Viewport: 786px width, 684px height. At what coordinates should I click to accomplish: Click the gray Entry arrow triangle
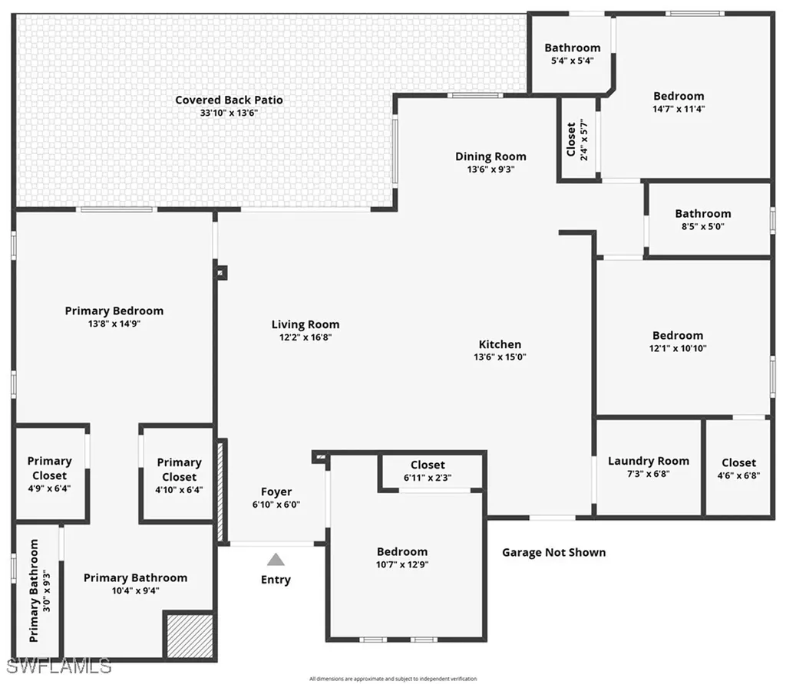(x=276, y=560)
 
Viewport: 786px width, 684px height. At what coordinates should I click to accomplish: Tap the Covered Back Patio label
(x=229, y=100)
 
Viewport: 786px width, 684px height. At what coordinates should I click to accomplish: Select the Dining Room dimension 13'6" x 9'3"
(x=490, y=169)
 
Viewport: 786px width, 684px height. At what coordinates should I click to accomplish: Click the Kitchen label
(x=500, y=344)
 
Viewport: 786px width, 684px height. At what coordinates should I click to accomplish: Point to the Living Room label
(x=305, y=324)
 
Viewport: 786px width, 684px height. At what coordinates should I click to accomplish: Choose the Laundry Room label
(x=649, y=461)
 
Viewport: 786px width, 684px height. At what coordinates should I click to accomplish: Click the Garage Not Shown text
(x=553, y=552)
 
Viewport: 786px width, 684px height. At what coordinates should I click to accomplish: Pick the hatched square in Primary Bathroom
(x=188, y=634)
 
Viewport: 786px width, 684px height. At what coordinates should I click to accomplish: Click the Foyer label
(x=276, y=492)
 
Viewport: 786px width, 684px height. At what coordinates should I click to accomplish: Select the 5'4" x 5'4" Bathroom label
(x=573, y=48)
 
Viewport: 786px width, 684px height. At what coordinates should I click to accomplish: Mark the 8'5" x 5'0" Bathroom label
(x=703, y=213)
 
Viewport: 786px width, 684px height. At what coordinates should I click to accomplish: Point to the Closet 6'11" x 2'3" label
(x=428, y=465)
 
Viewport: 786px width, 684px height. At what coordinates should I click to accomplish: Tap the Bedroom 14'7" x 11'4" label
(x=679, y=96)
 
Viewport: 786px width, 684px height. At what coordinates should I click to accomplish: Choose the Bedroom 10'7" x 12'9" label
(x=402, y=551)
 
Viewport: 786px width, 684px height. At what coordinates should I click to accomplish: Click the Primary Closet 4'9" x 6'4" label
(x=50, y=468)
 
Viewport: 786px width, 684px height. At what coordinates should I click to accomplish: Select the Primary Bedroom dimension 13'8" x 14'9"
(x=114, y=324)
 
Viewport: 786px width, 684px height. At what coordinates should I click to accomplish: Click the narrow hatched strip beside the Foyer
(x=223, y=491)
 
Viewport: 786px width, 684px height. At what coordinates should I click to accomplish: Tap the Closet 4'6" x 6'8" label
(x=738, y=462)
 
